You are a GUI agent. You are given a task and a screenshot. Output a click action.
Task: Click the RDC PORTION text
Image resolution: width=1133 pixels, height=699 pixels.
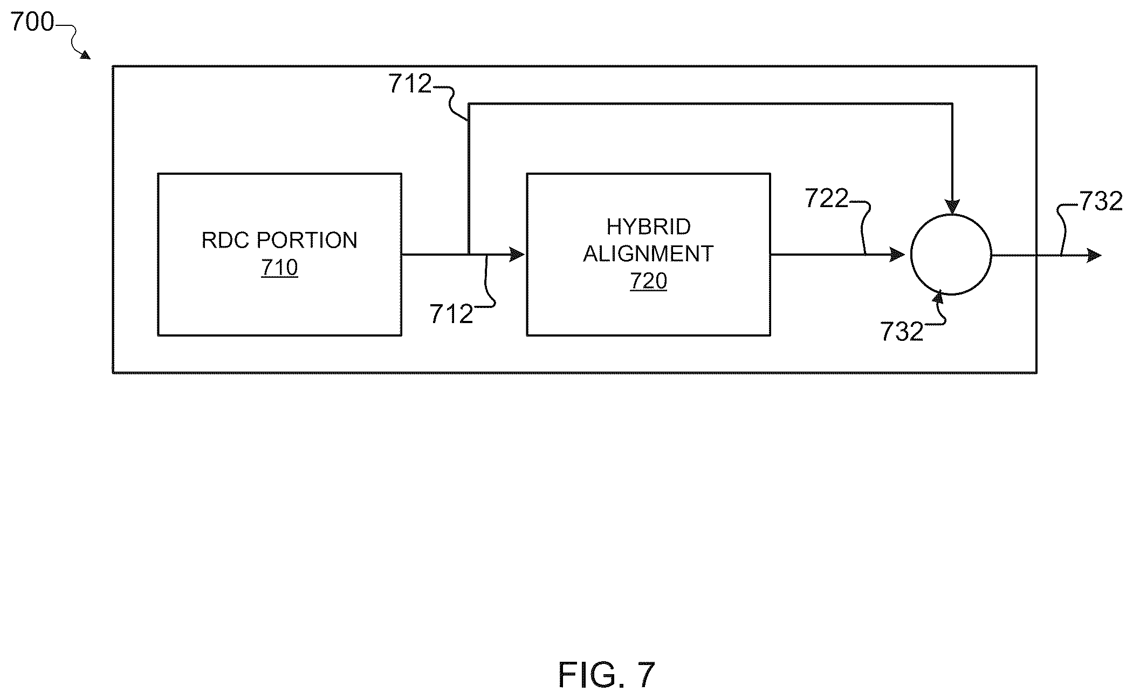(x=279, y=240)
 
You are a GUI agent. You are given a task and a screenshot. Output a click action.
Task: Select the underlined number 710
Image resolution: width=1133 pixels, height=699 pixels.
(x=279, y=268)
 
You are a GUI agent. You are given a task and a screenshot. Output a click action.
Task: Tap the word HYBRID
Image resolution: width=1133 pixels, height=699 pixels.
(x=648, y=227)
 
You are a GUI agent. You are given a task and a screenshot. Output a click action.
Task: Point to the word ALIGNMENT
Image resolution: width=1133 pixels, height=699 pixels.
(x=648, y=253)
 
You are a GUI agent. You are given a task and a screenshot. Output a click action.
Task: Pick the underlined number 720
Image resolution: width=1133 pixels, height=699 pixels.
(x=648, y=281)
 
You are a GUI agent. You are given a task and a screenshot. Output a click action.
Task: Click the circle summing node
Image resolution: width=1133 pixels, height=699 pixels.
(x=951, y=255)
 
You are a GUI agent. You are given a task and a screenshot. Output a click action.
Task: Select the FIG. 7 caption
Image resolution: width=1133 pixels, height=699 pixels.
(x=607, y=675)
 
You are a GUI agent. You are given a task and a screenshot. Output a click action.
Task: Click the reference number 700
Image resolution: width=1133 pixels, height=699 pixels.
(x=32, y=22)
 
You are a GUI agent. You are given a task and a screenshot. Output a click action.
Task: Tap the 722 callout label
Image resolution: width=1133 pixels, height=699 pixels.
(x=826, y=198)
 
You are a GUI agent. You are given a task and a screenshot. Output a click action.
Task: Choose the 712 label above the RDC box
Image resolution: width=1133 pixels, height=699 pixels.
(x=410, y=84)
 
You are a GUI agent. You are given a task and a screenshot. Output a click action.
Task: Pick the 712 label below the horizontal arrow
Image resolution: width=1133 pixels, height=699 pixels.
(x=451, y=314)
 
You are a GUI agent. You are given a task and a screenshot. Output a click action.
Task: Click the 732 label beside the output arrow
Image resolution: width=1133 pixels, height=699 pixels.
(x=1101, y=202)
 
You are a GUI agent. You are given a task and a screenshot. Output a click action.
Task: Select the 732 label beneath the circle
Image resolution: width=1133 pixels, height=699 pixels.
(x=902, y=332)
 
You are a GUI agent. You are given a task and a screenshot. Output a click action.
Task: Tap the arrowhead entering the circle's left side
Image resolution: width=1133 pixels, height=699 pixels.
(x=897, y=255)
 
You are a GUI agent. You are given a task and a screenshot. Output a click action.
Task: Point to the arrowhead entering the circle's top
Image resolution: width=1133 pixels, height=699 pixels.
(x=952, y=207)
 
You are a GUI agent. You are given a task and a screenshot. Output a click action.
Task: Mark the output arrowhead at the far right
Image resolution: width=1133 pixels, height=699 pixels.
(x=1094, y=255)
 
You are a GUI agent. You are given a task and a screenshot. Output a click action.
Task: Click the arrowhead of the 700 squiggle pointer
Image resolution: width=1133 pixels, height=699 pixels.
(x=85, y=54)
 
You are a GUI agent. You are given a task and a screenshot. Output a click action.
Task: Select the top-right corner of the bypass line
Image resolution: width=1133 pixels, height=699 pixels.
(x=952, y=104)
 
